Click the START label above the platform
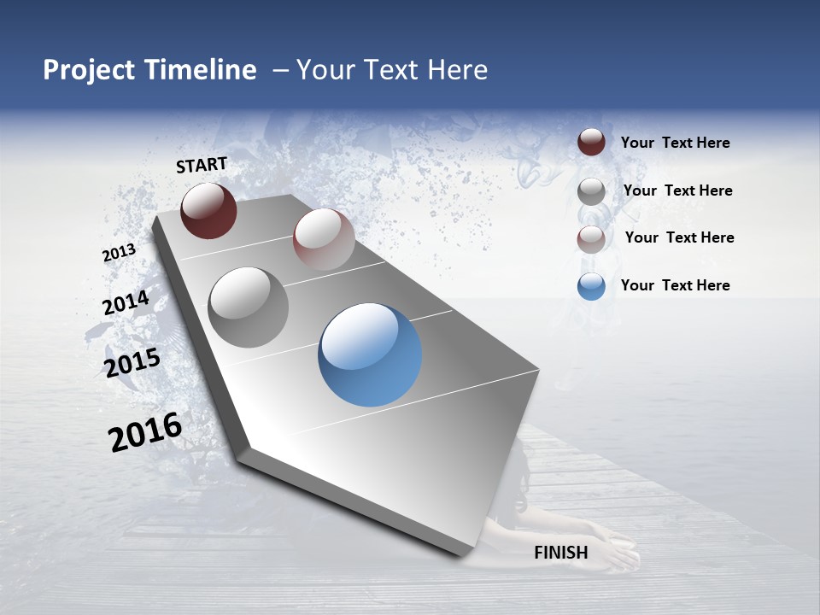click(202, 165)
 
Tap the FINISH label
click(561, 553)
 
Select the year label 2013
click(119, 253)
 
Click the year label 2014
click(126, 303)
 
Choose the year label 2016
click(145, 432)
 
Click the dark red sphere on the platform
click(208, 210)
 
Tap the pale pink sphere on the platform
click(324, 239)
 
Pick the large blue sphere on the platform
click(370, 354)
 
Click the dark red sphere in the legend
click(591, 142)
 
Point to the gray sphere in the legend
click(591, 190)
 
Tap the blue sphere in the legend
click(591, 286)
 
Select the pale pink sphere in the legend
click(591, 239)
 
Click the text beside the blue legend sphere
click(675, 285)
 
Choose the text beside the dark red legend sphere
click(675, 143)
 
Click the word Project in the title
click(89, 70)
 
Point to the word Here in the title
click(457, 70)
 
